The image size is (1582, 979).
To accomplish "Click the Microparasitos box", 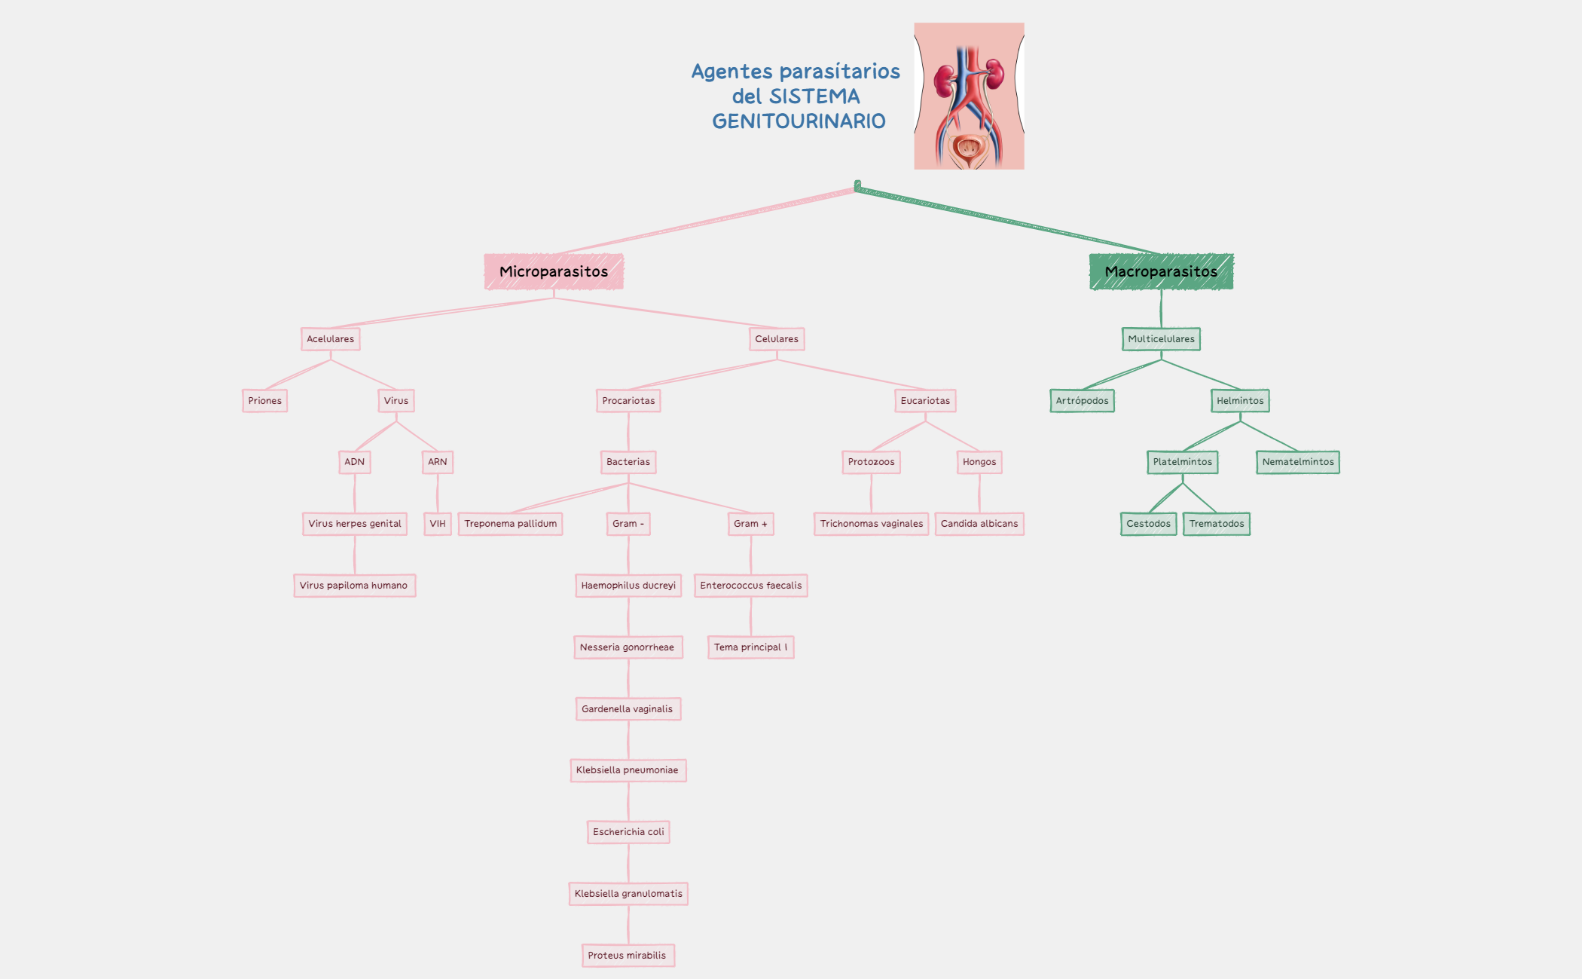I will (554, 271).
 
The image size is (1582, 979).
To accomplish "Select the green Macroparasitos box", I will (1161, 271).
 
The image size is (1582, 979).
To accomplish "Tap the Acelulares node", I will (330, 339).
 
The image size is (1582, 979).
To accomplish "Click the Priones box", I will (264, 401).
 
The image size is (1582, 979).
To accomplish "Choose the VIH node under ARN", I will (438, 524).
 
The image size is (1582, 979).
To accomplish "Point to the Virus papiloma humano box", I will (354, 586).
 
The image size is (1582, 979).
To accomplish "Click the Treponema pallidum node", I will (511, 524).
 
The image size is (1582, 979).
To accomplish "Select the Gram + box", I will (750, 524).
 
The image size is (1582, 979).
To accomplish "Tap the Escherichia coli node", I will (628, 832).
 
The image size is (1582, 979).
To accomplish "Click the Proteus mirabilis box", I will (628, 956).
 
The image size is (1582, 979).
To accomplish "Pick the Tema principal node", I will (750, 647).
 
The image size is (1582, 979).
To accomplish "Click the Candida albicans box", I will (979, 524).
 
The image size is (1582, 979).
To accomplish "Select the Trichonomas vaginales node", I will (871, 524).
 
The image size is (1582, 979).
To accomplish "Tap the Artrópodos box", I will (1082, 401).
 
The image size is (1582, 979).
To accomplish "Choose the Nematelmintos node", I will (1297, 462).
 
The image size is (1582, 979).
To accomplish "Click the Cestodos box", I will (1148, 524).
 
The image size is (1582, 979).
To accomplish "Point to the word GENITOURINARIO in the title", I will (799, 121).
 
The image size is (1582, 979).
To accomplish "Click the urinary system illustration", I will (969, 96).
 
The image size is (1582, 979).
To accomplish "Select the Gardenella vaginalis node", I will (628, 709).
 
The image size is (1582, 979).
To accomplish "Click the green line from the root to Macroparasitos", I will (1009, 219).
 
